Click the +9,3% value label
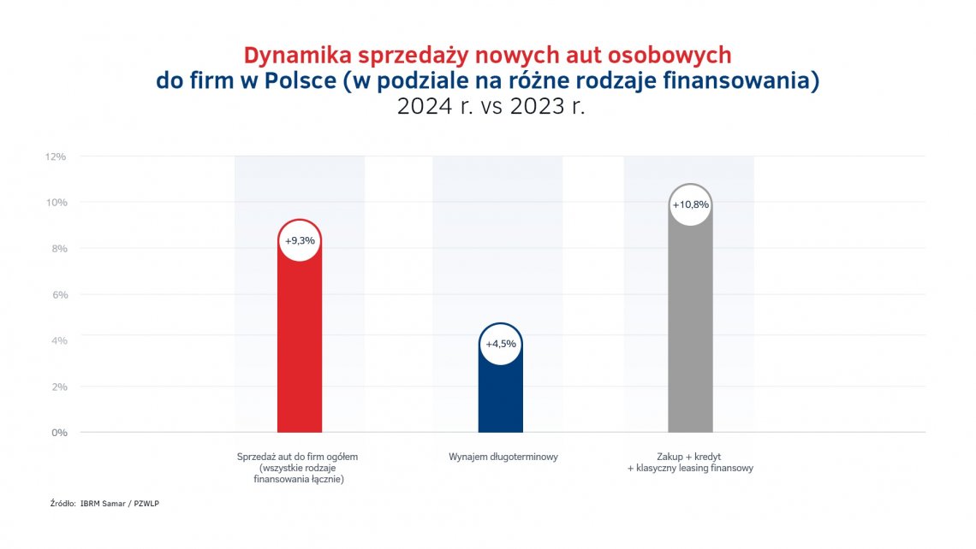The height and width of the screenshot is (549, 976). [300, 241]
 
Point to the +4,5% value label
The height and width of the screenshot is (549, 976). [501, 345]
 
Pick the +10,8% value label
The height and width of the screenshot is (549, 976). [690, 205]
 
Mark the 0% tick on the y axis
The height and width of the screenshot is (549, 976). [57, 433]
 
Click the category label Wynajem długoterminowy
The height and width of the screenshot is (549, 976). [503, 457]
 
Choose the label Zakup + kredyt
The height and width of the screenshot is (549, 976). [689, 457]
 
